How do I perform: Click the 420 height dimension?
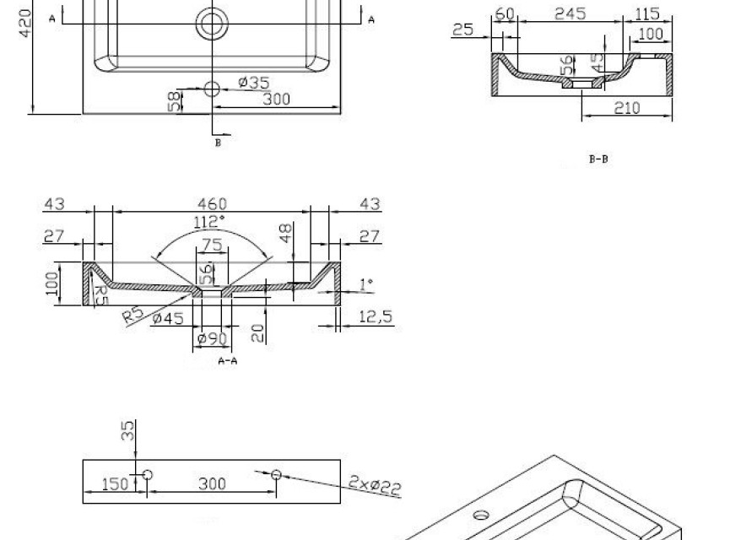[x=25, y=24]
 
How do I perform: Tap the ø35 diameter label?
[x=254, y=83]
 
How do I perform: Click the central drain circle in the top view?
[x=212, y=24]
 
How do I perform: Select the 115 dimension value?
[x=647, y=13]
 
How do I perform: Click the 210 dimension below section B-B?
[x=627, y=108]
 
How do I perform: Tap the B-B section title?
[x=598, y=159]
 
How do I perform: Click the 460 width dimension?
[x=213, y=203]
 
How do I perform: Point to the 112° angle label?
[x=209, y=222]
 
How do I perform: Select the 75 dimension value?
[x=213, y=245]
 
